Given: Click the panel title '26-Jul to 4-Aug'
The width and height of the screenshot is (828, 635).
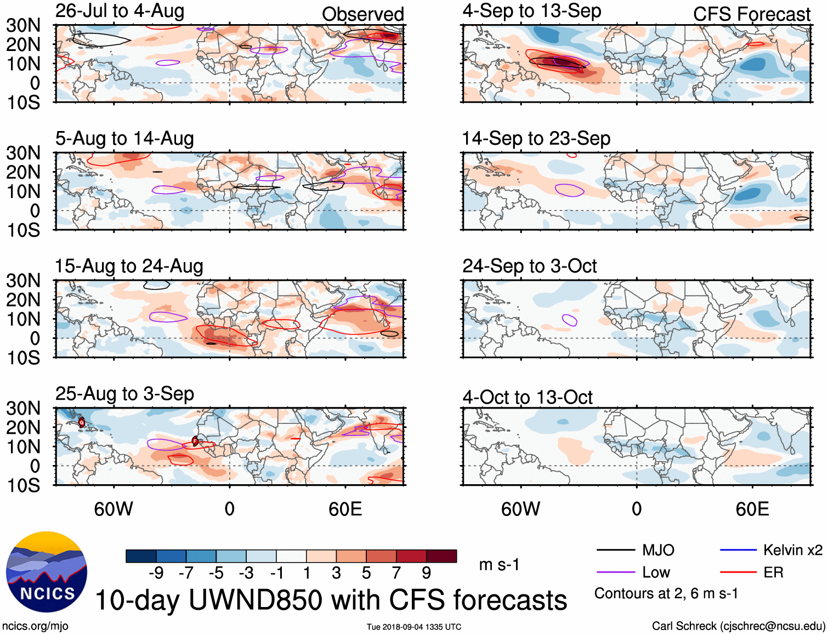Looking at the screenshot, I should tap(120, 11).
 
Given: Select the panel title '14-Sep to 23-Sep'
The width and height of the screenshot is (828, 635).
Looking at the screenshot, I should tap(536, 139).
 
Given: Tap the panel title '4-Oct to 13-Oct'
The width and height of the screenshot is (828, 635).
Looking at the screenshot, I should tap(527, 397).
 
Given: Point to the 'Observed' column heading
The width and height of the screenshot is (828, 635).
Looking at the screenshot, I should tap(362, 14).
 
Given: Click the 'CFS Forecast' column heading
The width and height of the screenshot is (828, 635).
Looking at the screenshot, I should tap(751, 14).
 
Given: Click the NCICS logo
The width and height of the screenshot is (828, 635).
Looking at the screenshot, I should tap(47, 572).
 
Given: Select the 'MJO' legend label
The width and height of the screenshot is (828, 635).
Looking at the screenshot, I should tap(658, 550).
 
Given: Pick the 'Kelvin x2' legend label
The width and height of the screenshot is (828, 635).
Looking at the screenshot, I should tap(792, 550).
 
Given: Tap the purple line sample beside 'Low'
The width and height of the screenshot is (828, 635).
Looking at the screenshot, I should tap(616, 572).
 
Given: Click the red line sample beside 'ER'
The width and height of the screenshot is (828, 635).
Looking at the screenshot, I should tap(738, 572).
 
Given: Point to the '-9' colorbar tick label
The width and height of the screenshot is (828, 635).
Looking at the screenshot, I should tap(156, 573).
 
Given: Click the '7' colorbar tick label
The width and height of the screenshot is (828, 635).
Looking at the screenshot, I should tap(396, 573).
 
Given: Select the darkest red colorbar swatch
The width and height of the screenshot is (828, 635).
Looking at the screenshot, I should tap(441, 556).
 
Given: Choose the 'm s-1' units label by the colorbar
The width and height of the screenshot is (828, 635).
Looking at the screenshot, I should tap(499, 565).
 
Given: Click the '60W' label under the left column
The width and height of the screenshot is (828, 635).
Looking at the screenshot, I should tap(114, 509).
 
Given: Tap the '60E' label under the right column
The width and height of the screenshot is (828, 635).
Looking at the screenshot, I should tap(752, 509).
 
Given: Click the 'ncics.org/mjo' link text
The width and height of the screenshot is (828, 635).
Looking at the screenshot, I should tap(35, 626).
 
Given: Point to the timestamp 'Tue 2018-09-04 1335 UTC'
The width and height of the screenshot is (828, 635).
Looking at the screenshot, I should tap(414, 627).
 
